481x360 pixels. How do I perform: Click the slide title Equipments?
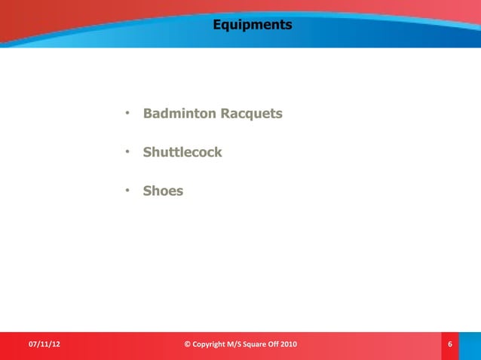click(252, 25)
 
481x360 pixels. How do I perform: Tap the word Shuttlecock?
click(182, 152)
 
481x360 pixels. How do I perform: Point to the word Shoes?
click(163, 191)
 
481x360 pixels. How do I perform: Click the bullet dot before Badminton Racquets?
click(128, 114)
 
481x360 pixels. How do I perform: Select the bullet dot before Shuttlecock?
click(128, 152)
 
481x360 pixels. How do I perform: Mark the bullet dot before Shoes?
click(128, 191)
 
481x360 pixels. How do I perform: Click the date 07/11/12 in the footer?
click(44, 345)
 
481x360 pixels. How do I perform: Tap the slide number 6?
click(450, 345)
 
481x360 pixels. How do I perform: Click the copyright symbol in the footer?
click(188, 345)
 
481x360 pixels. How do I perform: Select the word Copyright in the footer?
click(213, 345)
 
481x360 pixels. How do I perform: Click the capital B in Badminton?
click(148, 114)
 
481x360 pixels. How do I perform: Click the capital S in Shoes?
click(147, 191)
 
